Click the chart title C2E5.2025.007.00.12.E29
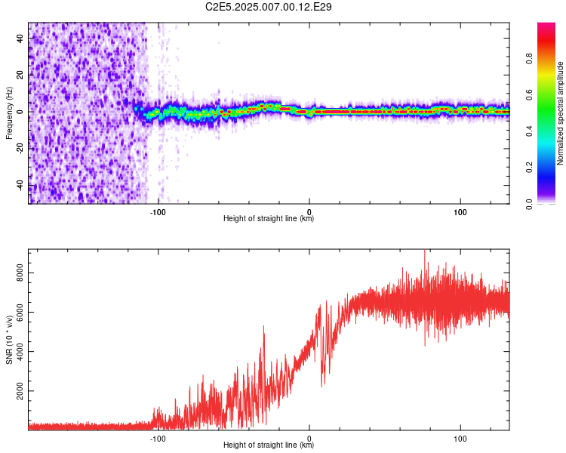click(x=269, y=7)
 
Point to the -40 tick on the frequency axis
click(x=20, y=185)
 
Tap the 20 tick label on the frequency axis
click(x=20, y=75)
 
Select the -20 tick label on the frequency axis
click(x=20, y=148)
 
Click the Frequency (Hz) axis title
click(x=9, y=112)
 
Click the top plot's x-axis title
click(x=269, y=219)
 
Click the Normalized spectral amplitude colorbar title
click(x=560, y=113)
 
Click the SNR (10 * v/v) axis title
click(x=9, y=339)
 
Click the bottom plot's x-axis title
click(x=269, y=445)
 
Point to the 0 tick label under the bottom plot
click(x=309, y=437)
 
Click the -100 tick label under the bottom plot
click(x=157, y=437)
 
